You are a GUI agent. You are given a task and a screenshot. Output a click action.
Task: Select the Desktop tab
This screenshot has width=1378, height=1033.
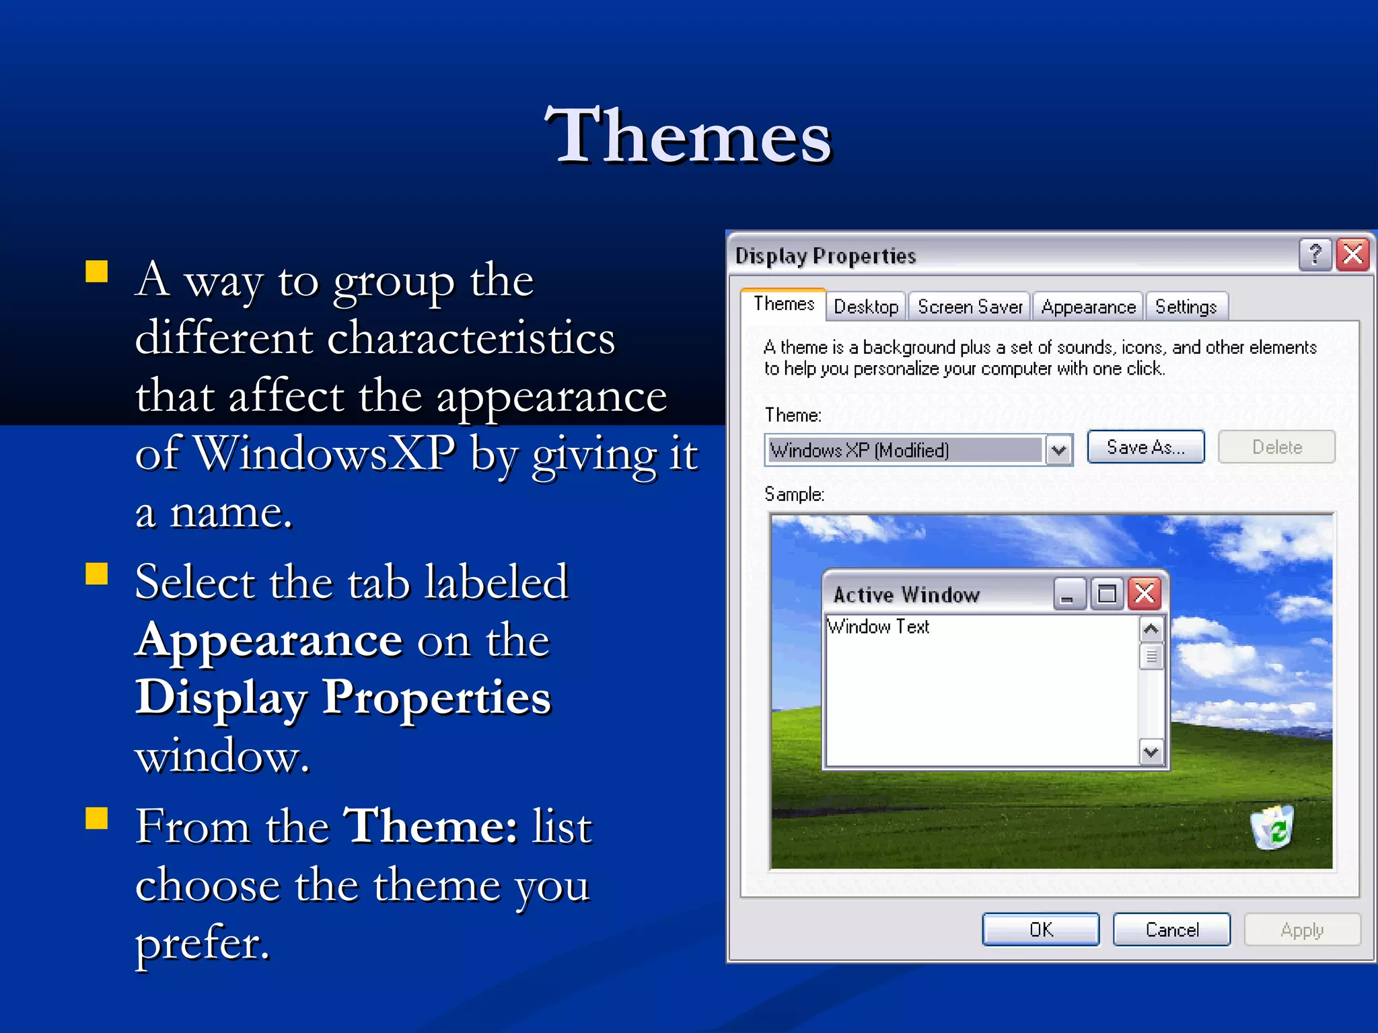(866, 307)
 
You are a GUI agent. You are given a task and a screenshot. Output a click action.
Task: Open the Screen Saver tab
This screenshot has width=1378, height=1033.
(970, 307)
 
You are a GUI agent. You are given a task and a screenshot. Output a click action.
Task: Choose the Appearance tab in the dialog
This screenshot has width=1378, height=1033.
(1088, 307)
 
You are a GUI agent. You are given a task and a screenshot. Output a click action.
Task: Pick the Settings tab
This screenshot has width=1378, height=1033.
(1186, 307)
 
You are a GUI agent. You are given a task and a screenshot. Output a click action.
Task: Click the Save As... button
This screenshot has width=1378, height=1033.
(1145, 447)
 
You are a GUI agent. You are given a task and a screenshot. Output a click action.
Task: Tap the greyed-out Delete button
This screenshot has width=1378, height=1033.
(1276, 447)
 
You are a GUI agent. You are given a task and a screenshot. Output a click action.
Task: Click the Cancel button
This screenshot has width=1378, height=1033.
(1171, 929)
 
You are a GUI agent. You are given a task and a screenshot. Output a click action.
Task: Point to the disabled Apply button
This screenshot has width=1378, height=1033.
(1301, 929)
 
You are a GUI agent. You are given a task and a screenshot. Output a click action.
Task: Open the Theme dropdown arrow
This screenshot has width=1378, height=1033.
(1059, 450)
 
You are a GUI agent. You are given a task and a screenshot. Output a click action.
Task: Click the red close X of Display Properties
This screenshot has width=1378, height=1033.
(1353, 254)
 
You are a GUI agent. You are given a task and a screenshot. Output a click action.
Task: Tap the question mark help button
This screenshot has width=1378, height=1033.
(1315, 254)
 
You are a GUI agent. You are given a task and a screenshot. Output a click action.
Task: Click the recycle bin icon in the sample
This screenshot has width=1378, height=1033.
(1272, 827)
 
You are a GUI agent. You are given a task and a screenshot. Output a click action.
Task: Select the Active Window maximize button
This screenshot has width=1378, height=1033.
(1107, 594)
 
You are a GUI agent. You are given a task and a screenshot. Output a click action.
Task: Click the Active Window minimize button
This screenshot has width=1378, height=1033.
(1068, 594)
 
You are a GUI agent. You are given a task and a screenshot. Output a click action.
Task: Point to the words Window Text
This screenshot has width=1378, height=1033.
(878, 627)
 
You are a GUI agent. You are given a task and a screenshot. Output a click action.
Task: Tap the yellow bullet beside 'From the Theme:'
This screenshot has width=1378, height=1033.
(97, 818)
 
